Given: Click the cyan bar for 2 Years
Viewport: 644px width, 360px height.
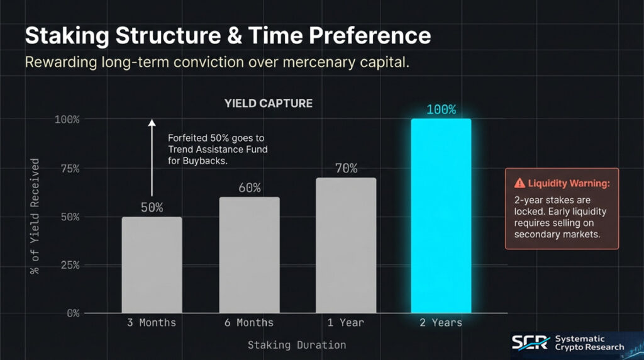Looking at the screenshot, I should [x=441, y=216].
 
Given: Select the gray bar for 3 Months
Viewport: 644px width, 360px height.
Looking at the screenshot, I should [x=152, y=265].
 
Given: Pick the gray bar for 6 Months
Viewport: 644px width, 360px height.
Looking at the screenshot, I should [x=249, y=255].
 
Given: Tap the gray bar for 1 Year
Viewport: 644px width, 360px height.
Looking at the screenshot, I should [x=346, y=245].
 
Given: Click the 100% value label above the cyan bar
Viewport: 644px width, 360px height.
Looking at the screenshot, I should [x=441, y=110].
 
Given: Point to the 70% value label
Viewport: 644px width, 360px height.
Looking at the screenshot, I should [x=346, y=168].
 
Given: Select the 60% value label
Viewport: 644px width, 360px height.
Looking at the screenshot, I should [x=249, y=188].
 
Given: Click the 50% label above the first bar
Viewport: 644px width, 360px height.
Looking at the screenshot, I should [x=152, y=207].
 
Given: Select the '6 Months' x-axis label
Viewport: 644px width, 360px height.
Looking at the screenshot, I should [x=249, y=323].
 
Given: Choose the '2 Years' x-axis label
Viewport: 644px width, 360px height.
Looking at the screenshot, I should [x=441, y=323].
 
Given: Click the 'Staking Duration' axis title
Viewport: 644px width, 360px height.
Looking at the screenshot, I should [x=297, y=345].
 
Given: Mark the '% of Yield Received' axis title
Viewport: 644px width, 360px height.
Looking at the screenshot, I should [x=35, y=216].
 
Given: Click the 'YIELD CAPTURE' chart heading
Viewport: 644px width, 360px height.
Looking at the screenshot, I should [x=269, y=103].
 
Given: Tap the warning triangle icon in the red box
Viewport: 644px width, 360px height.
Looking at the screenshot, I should [x=519, y=183].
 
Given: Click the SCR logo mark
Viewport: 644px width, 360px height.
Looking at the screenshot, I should [x=530, y=343].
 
